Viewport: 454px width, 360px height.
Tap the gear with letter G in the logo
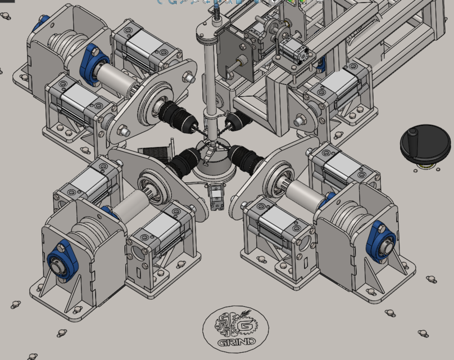pyautogui.click(x=246, y=326)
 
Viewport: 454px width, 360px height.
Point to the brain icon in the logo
pyautogui.click(x=228, y=325)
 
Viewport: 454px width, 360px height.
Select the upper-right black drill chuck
pyautogui.click(x=237, y=120)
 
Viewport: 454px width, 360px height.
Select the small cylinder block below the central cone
pyautogui.click(x=215, y=197)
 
